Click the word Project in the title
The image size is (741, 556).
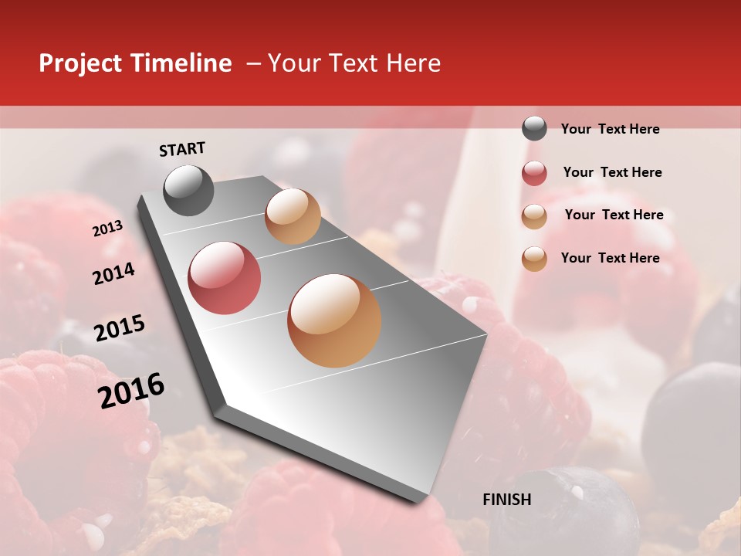point(80,63)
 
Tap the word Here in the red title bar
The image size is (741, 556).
point(413,63)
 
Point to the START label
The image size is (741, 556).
point(182,149)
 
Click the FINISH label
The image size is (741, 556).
point(506,500)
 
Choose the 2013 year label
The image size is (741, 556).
point(107,228)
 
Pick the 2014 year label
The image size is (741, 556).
point(113,274)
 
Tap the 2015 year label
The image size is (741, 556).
point(120,328)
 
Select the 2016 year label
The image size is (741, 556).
point(131,391)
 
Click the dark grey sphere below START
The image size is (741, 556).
point(188,190)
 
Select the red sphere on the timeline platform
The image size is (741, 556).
point(224,278)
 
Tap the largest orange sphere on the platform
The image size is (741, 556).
point(334,320)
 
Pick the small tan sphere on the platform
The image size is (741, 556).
point(293,216)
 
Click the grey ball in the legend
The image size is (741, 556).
point(534,129)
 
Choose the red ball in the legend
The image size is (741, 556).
point(534,173)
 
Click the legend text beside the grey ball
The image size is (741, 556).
point(610,129)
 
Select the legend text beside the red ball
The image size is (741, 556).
point(612,172)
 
